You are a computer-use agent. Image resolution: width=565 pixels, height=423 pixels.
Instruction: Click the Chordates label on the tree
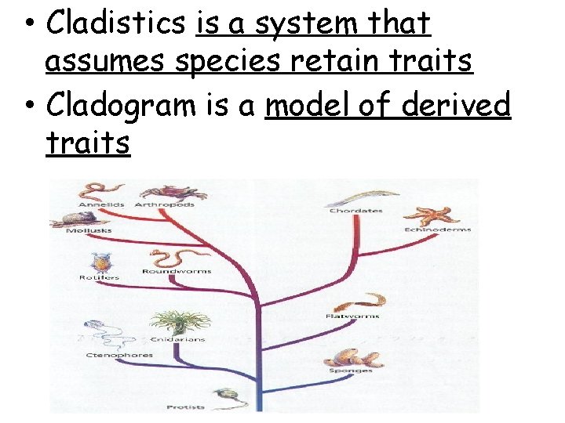click(x=355, y=211)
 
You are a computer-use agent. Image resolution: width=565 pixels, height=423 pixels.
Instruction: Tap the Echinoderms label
click(x=438, y=230)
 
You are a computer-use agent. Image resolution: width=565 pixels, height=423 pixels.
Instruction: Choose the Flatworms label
click(x=352, y=316)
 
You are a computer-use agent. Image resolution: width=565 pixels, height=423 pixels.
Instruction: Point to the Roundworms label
click(x=176, y=272)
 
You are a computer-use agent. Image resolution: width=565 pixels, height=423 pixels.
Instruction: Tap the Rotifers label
click(x=99, y=278)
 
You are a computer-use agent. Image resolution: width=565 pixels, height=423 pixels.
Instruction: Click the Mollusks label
click(x=89, y=231)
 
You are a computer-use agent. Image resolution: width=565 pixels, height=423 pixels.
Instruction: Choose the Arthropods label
click(x=166, y=204)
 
